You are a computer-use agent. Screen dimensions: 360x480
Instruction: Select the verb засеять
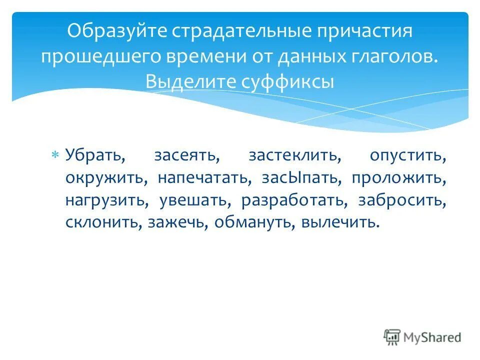pos(187,155)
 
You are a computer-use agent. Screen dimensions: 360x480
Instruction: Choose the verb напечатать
pos(204,178)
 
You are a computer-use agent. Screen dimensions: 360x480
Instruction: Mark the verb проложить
pos(398,178)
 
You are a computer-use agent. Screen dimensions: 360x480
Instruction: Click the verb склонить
pos(103,222)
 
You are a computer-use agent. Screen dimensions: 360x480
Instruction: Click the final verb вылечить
pos(338,222)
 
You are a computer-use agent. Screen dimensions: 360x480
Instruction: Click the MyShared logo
pos(422,337)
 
